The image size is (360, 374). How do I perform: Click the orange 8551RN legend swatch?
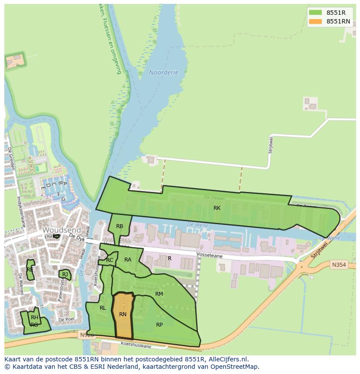(x=316, y=21)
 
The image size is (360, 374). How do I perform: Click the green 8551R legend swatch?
(x=316, y=13)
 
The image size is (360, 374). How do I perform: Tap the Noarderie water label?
(x=163, y=73)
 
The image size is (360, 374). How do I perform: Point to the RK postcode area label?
(x=217, y=208)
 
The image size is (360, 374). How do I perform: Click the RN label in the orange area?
(x=123, y=314)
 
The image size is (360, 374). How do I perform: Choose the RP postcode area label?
(x=159, y=324)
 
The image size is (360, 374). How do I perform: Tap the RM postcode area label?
(x=159, y=294)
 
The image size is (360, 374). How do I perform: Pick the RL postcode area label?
(x=103, y=308)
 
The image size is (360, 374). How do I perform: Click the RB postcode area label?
(x=120, y=226)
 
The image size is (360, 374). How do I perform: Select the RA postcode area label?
(x=128, y=260)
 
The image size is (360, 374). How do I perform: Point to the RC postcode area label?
(x=110, y=260)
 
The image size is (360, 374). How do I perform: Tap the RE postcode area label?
(x=30, y=270)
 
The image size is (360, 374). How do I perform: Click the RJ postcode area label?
(x=65, y=275)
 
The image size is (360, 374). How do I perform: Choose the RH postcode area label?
(x=34, y=318)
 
